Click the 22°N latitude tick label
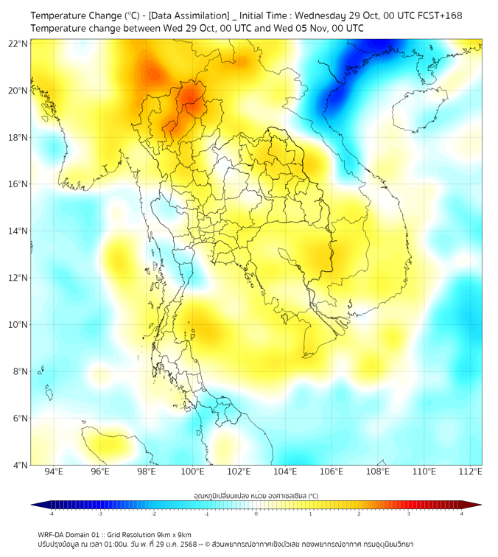coord(18,44)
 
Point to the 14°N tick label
coord(18,231)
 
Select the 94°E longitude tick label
coord(54,472)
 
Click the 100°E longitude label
coord(193,472)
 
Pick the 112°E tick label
coord(471,472)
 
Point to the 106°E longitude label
coord(332,472)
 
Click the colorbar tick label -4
coord(50,514)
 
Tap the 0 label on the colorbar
coord(256,514)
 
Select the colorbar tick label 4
coord(462,514)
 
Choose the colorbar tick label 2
coord(359,514)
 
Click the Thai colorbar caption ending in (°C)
coord(256,496)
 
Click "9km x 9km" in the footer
coord(174,534)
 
